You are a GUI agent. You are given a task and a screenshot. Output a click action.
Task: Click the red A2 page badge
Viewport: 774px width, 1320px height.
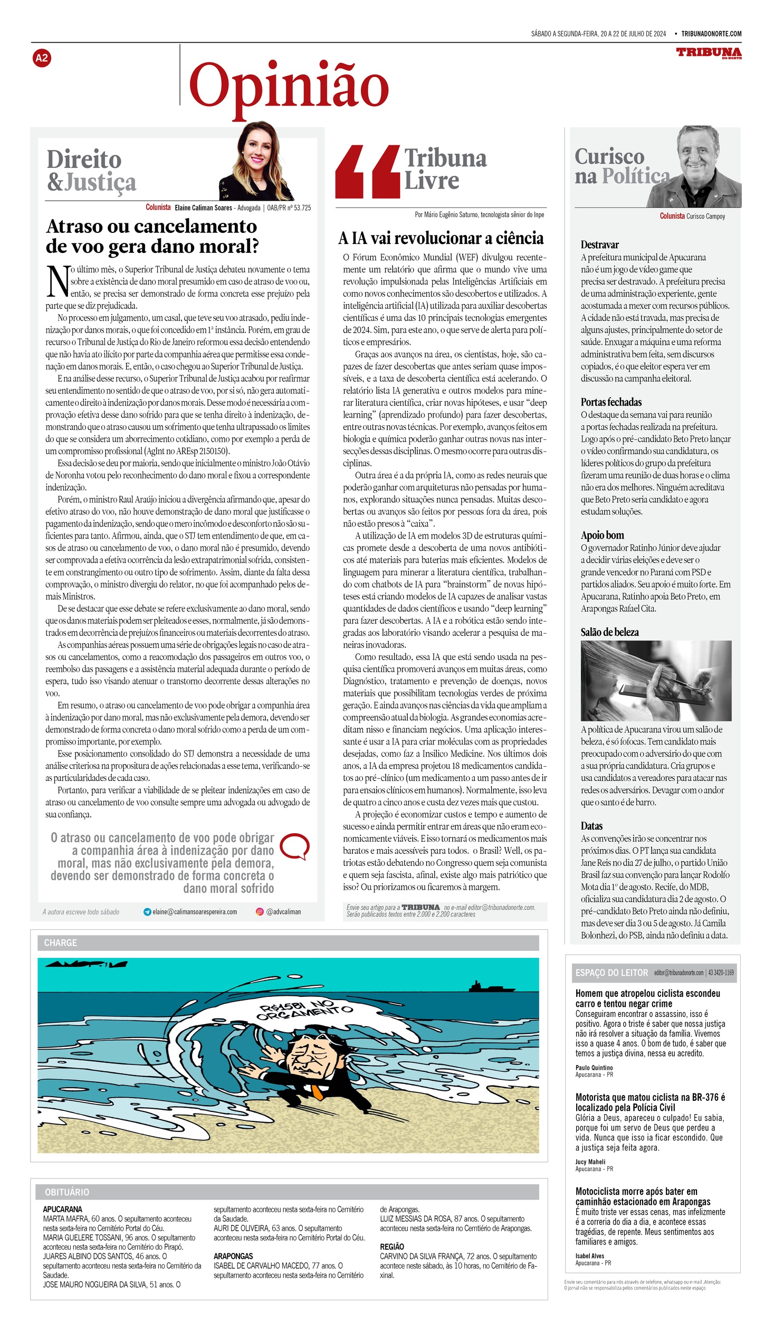(x=41, y=58)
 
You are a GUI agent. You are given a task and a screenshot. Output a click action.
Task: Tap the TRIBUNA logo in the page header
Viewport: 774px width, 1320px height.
(x=709, y=53)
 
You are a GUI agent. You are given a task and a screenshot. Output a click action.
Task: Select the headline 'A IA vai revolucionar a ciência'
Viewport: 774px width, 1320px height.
(x=441, y=238)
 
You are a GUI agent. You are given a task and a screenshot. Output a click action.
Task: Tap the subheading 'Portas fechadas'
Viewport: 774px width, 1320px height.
(x=611, y=402)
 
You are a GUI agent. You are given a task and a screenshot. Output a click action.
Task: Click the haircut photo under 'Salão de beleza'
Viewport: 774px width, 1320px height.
(x=656, y=681)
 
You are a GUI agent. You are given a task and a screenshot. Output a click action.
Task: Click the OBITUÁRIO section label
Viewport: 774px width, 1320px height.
(x=67, y=1192)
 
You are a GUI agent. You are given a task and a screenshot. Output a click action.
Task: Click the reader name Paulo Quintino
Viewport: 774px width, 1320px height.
(x=594, y=1067)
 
